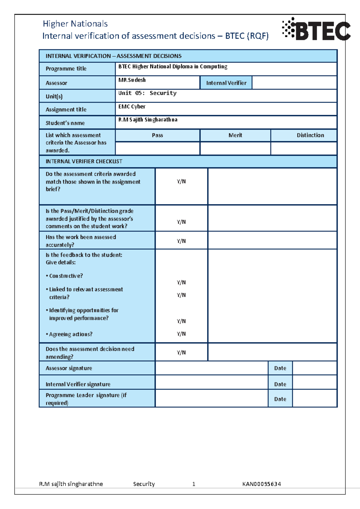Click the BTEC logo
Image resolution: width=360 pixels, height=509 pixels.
point(316,29)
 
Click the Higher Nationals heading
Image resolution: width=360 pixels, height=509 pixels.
point(75,24)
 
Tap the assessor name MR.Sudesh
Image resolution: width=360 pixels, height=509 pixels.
point(132,80)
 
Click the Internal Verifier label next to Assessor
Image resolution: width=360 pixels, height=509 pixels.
point(226,83)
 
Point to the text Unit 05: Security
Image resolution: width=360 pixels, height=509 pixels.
point(147,93)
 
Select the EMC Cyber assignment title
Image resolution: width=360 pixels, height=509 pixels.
point(132,107)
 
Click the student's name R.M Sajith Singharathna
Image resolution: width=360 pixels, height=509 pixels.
point(148,120)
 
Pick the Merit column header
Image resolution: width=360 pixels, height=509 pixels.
point(235,135)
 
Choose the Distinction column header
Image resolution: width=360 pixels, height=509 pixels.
point(310,135)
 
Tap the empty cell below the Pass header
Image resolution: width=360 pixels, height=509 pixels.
point(157,148)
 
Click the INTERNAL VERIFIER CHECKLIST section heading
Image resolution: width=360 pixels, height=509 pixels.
point(84,161)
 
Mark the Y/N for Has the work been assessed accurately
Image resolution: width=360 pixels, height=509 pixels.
point(181,241)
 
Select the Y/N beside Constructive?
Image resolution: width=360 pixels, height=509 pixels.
point(181,282)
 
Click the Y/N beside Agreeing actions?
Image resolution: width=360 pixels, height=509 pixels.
point(181,334)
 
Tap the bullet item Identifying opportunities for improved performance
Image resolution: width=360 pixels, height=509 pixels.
point(83,314)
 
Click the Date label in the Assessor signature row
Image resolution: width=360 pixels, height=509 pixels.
point(280,368)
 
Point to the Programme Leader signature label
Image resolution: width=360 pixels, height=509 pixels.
point(86,399)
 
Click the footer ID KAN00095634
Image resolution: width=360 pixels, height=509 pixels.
point(262,484)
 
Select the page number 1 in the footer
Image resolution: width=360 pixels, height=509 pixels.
point(194,484)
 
